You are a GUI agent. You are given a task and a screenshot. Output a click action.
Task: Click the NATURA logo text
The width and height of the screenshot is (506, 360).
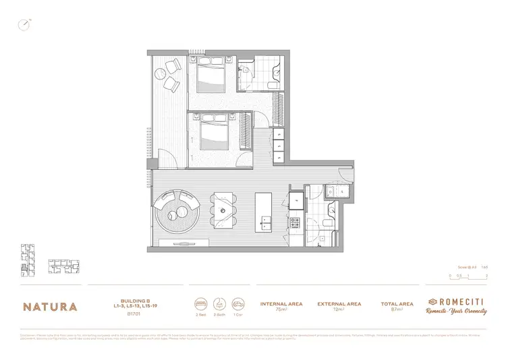point(51,306)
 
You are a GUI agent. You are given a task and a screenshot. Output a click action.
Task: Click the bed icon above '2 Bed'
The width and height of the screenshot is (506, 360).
point(200,303)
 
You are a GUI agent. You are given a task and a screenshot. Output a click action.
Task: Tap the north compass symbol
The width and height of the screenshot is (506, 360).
point(24,25)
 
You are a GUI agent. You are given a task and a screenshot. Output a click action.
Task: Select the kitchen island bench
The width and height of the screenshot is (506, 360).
point(263,210)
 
